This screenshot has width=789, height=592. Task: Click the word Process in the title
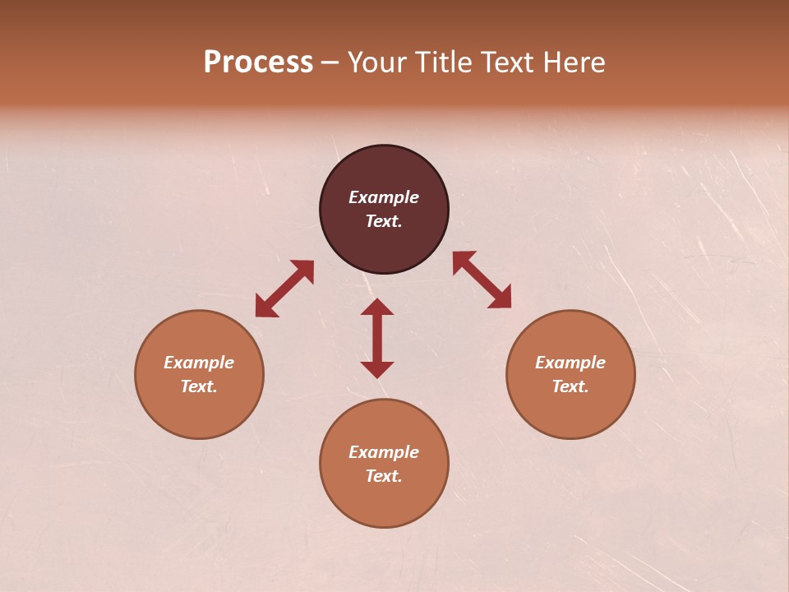[258, 62]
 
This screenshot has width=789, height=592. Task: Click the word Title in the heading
[445, 62]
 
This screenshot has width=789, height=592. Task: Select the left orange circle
[199, 411]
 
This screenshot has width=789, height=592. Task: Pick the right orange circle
[570, 411]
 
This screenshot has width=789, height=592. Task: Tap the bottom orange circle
[384, 502]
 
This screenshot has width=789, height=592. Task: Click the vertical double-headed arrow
[377, 338]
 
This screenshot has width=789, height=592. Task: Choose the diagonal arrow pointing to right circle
[482, 280]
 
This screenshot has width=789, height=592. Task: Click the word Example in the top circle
[384, 197]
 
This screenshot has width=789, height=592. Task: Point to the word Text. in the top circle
[384, 221]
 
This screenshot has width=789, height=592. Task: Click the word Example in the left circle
[199, 363]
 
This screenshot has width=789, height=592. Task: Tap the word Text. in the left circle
[199, 386]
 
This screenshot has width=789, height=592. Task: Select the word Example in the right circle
[570, 363]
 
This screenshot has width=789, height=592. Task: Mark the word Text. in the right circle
[570, 386]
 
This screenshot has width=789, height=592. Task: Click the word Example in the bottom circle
[384, 452]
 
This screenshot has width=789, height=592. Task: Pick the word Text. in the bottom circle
[384, 476]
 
